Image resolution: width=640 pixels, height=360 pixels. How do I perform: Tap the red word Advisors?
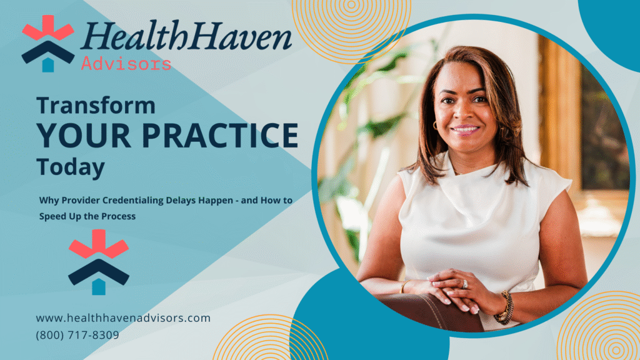tap(126, 64)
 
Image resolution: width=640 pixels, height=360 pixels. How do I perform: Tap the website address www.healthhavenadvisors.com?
tap(123, 318)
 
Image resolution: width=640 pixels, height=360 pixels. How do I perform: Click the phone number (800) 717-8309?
tap(77, 335)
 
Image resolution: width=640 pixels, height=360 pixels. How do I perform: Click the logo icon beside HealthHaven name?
tap(47, 43)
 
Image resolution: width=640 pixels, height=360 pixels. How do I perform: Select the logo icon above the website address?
tap(98, 262)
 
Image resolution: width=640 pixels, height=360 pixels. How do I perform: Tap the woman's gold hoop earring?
tap(435, 126)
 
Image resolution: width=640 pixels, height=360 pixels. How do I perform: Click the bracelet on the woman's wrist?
tap(504, 308)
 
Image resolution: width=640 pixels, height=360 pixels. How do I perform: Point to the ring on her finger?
tap(464, 284)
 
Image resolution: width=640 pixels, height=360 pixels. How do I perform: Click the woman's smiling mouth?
tap(465, 129)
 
